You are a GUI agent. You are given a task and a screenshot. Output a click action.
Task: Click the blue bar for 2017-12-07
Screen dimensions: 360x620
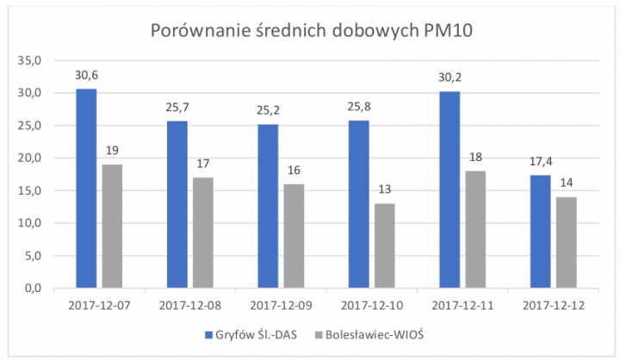tap(86, 188)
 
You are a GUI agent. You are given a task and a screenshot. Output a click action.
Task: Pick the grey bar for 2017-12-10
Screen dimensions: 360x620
tap(384, 245)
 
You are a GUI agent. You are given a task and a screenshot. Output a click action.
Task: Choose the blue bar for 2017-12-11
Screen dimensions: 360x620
tap(449, 189)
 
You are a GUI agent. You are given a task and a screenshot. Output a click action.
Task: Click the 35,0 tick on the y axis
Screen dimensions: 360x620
tap(30, 61)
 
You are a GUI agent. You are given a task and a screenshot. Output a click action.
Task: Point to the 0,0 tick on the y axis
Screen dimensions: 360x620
tap(33, 289)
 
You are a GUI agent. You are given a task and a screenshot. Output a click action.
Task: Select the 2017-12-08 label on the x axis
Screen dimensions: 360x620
tap(189, 305)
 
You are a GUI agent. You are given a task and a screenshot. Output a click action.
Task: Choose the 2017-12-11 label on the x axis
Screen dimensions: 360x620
tap(462, 305)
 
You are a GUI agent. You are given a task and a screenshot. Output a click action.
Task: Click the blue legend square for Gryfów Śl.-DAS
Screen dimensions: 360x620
tap(210, 334)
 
